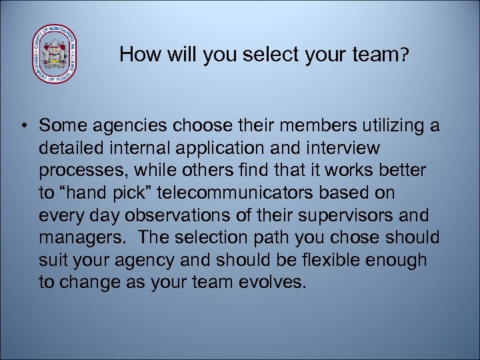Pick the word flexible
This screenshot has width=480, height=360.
pos(321,259)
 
